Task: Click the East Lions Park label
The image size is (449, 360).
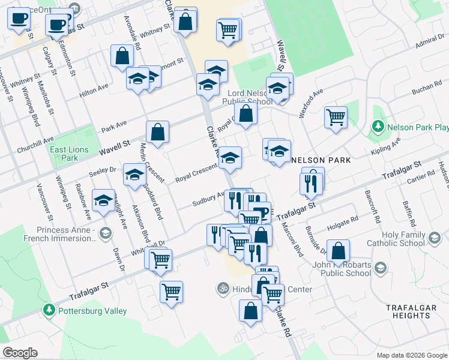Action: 69,154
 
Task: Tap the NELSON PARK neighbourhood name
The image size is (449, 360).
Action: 321,160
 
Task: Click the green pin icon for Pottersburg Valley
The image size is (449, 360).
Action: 49,310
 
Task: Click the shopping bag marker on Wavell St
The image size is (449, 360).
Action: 157,133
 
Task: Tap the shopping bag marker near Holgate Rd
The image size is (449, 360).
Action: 339,251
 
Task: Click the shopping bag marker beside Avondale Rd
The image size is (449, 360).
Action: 122,56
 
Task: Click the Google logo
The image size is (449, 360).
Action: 20,353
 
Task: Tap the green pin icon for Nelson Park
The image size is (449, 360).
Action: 378,127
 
